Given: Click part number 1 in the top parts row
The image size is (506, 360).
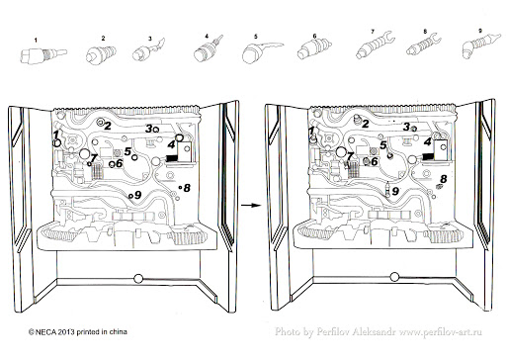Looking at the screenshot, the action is coord(42,54).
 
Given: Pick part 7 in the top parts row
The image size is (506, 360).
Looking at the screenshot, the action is coord(375,46).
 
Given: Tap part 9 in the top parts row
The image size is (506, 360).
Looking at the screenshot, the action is coord(480,46).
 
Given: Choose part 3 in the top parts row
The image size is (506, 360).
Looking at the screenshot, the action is coord(147,50).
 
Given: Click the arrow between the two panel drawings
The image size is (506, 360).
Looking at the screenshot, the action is coord(251,206).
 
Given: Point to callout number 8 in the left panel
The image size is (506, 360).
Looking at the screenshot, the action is coord(187,188).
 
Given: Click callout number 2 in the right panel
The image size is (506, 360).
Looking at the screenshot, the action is coord(366,124).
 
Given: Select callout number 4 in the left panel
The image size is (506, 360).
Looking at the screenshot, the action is coord(171,144).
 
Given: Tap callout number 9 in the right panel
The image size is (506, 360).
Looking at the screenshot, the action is coord(395,191).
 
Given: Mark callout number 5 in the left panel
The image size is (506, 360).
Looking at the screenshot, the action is coord(127,151).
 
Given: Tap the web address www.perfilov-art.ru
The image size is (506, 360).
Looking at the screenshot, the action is coord(441,332).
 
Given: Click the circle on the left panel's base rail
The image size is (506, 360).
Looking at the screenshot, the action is coord(138,279).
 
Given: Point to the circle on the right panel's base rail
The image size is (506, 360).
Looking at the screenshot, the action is coord(394,277).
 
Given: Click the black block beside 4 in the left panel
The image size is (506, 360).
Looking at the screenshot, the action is coord(171,159).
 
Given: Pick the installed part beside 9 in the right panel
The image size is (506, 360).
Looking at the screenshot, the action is coord(388,190).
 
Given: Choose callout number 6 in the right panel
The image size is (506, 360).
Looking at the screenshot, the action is coord(375,161).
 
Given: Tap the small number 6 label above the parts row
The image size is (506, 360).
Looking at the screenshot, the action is coord(314,36).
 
